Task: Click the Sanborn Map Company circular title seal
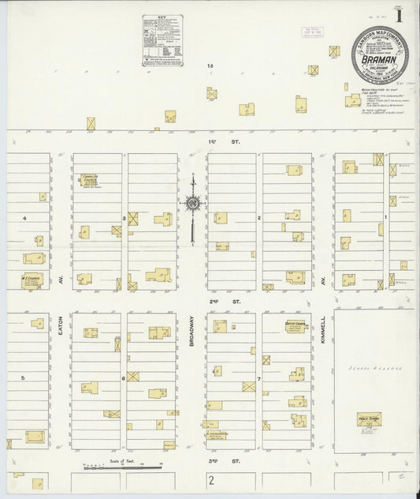[x=379, y=54]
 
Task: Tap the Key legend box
[x=162, y=40]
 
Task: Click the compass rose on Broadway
[x=191, y=204]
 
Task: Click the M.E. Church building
[x=32, y=280]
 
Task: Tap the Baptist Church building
[x=295, y=326]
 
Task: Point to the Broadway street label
[x=191, y=332]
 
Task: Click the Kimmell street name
[x=323, y=332]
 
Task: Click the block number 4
[x=24, y=217]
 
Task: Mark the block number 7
[x=258, y=378]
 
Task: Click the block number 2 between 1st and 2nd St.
[x=258, y=216]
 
